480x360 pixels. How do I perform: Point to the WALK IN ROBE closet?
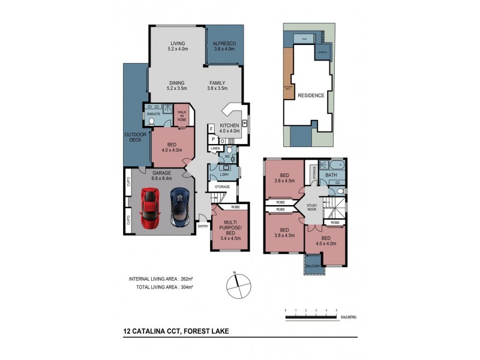click(181, 116)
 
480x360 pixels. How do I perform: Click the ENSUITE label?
click(154, 112)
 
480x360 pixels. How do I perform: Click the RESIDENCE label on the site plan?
click(311, 95)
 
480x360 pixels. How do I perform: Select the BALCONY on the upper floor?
click(312, 265)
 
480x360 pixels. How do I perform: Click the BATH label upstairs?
click(331, 175)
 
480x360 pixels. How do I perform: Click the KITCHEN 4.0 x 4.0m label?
click(229, 128)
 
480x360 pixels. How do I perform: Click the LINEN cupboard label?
click(214, 148)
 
